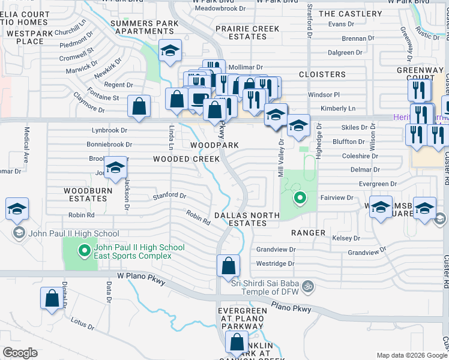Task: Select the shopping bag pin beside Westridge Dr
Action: [228, 265]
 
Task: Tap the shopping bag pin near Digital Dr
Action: [52, 298]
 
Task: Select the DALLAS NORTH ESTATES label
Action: [247, 219]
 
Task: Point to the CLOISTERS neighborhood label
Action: [323, 74]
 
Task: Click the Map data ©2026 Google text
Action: [411, 355]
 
